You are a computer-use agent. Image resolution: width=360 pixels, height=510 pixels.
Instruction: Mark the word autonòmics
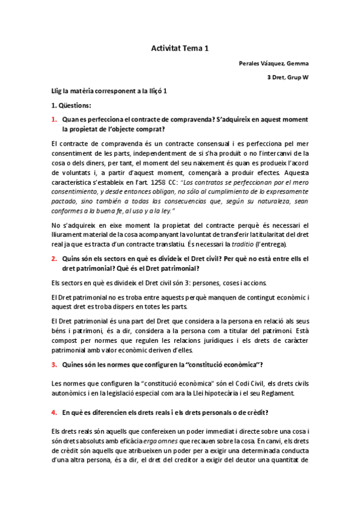pos(70,393)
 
